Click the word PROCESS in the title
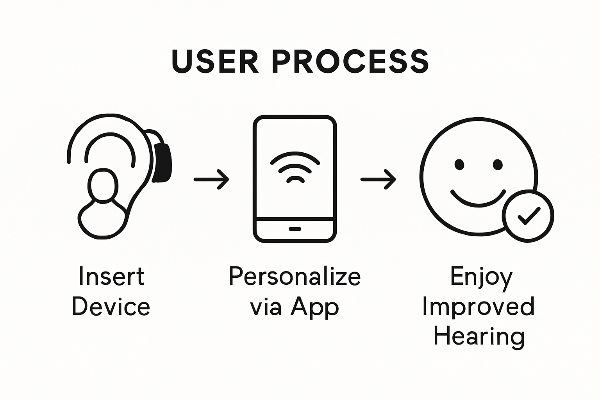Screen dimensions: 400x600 click(x=350, y=61)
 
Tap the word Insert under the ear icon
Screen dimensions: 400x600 click(x=111, y=277)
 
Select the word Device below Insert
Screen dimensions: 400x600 click(x=111, y=307)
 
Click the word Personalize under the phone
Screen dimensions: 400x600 click(x=295, y=277)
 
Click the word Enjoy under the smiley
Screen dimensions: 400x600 click(x=481, y=277)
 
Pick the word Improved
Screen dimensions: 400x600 click(x=478, y=307)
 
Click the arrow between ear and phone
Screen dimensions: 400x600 click(x=211, y=179)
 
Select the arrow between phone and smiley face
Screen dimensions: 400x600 click(x=378, y=179)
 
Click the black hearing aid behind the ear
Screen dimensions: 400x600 click(x=163, y=162)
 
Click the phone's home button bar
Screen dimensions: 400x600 click(x=295, y=229)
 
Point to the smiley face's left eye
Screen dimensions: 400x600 click(x=459, y=164)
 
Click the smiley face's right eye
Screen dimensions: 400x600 click(x=498, y=164)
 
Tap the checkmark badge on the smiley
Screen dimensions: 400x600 click(x=528, y=216)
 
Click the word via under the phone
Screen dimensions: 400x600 click(x=265, y=307)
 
